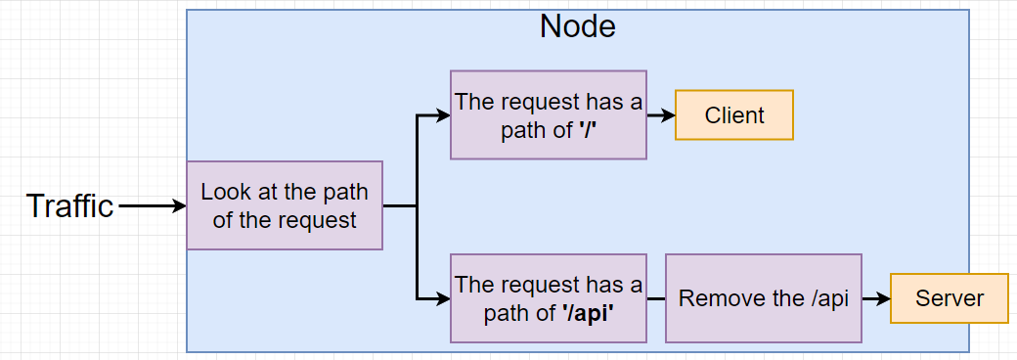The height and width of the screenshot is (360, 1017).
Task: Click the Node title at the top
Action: pyautogui.click(x=577, y=26)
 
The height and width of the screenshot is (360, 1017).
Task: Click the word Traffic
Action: pyautogui.click(x=69, y=206)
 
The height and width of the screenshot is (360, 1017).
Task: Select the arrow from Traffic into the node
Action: pyautogui.click(x=152, y=206)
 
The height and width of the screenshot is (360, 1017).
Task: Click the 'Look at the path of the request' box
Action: pyautogui.click(x=285, y=205)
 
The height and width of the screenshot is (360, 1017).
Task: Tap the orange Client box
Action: pyautogui.click(x=733, y=115)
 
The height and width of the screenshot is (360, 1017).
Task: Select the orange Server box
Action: pyautogui.click(x=949, y=298)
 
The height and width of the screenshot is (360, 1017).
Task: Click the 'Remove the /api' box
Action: pyautogui.click(x=763, y=298)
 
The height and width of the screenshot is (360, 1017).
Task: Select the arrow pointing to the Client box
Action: pyautogui.click(x=661, y=115)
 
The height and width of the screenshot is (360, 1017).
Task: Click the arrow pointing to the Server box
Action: pyautogui.click(x=876, y=298)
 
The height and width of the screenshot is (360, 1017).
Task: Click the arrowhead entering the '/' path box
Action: pyautogui.click(x=443, y=115)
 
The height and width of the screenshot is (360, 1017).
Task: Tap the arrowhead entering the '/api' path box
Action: pyautogui.click(x=443, y=298)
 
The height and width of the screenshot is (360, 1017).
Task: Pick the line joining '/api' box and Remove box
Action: pyautogui.click(x=655, y=298)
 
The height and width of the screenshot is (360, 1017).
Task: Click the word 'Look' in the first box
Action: pyautogui.click(x=223, y=192)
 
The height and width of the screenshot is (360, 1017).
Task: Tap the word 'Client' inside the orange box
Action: pyautogui.click(x=733, y=115)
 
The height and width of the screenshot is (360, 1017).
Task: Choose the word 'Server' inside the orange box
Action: pyautogui.click(x=949, y=298)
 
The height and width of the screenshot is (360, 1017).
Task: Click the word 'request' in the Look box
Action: pyautogui.click(x=319, y=220)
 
